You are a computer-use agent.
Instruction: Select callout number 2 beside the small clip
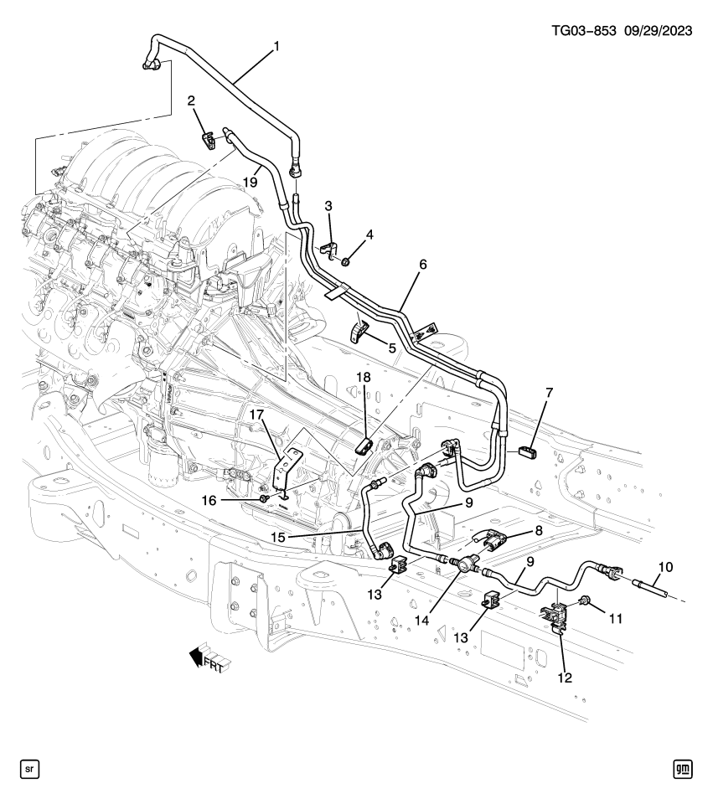click(191, 101)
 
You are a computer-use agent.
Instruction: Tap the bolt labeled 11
click(583, 600)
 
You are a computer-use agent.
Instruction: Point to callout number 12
click(565, 677)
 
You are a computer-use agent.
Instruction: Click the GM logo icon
click(685, 768)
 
